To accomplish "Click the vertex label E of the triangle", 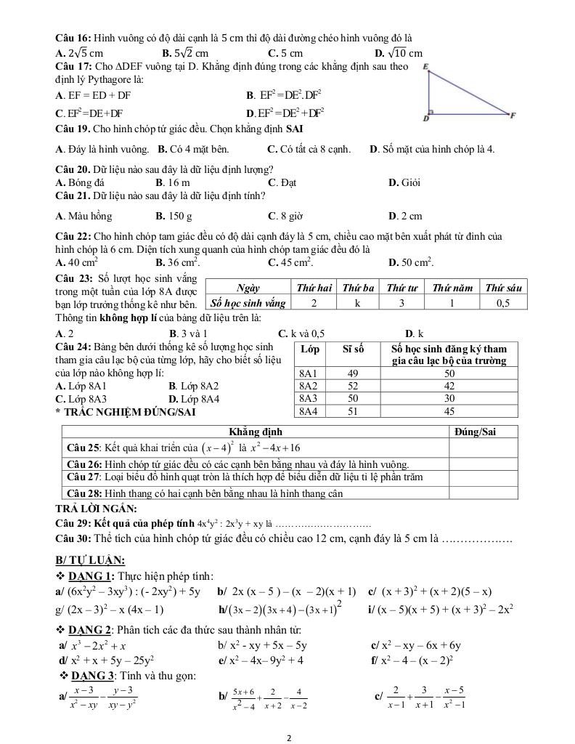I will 425,68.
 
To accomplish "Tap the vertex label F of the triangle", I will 513,115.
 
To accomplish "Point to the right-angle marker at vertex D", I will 431,112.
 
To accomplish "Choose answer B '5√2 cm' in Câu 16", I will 185,53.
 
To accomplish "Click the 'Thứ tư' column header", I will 401,288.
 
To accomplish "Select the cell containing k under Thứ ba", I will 357,303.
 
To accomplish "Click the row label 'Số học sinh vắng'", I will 247,303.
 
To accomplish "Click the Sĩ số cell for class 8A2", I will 353,386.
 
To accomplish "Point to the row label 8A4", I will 309,411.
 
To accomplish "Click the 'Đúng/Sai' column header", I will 475,432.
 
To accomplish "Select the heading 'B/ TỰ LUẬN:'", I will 89,559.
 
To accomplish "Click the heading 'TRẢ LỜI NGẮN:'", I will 91,509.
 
